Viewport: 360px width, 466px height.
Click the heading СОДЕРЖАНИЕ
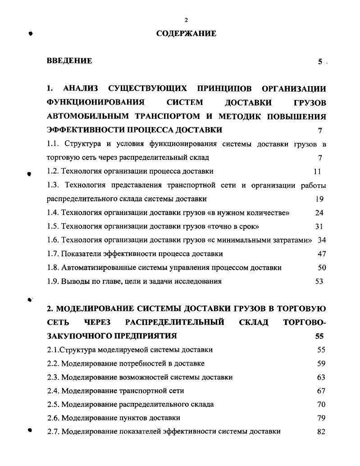[186, 33]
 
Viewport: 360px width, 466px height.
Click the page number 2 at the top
[186, 20]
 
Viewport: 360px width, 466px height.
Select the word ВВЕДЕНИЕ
[69, 61]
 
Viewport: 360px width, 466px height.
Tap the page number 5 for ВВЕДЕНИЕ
[320, 62]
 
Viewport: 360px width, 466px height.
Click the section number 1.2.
[53, 171]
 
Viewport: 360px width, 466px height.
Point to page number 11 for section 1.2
[318, 171]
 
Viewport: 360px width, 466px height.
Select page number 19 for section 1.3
[319, 199]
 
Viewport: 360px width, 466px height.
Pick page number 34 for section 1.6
[321, 240]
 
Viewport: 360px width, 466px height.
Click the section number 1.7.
[53, 254]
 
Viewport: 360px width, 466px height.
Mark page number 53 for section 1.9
[319, 281]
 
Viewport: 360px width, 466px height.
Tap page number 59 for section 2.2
[321, 363]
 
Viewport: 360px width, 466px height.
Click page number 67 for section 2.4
[321, 391]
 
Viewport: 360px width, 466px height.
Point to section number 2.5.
[53, 404]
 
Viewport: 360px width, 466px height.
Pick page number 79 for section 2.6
[321, 418]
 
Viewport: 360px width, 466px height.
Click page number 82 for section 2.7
[321, 431]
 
